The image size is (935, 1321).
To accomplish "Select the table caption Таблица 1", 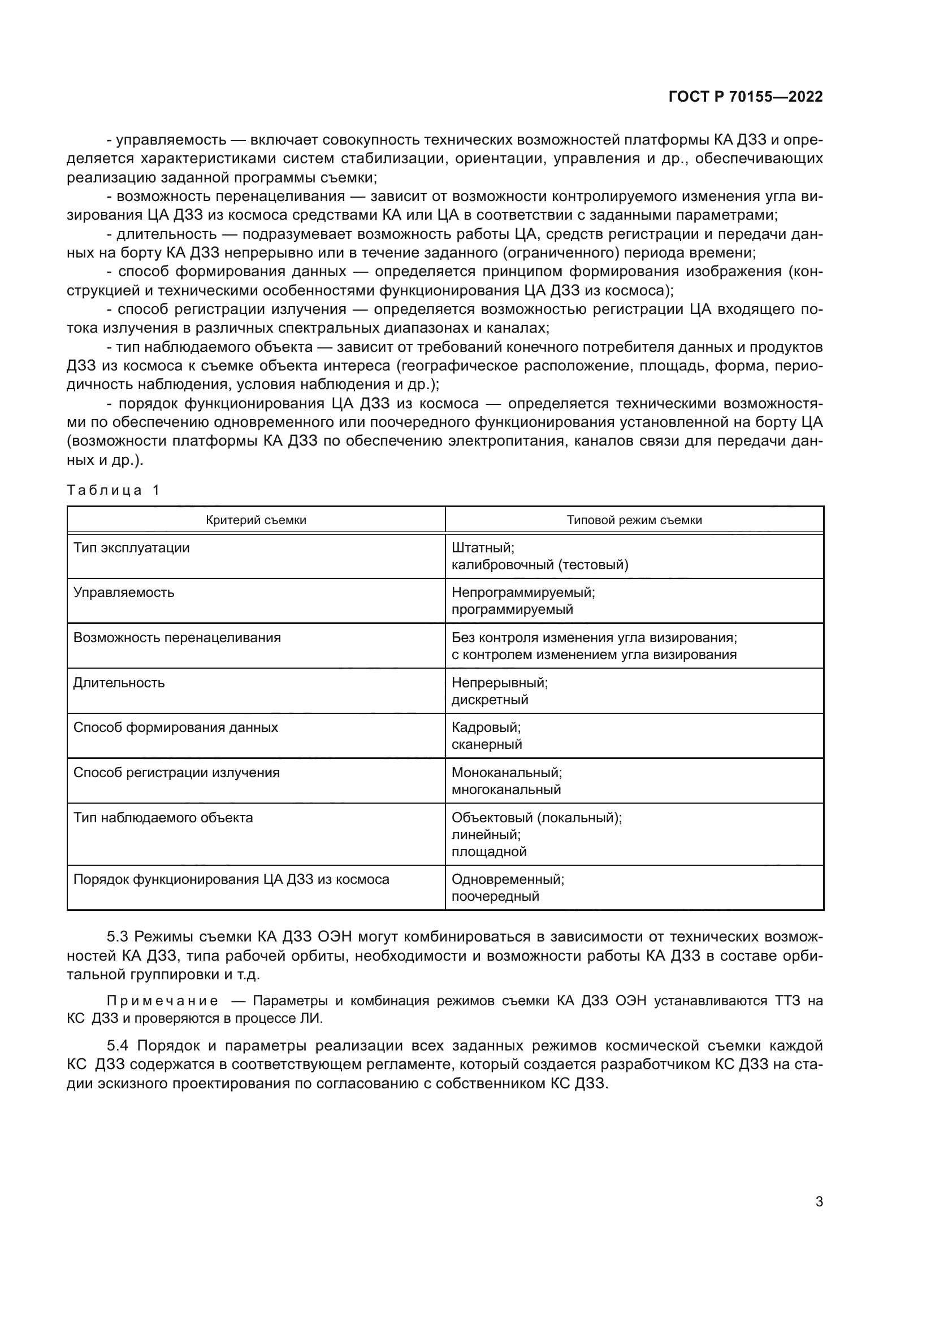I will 113,490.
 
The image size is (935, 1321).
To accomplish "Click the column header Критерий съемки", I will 256,520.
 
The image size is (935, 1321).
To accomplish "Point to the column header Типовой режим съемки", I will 634,520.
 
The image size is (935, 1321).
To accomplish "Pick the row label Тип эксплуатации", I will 131,548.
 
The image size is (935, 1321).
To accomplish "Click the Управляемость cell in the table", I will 124,592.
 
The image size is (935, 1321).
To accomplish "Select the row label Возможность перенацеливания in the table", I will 178,638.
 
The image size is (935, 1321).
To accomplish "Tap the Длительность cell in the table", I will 119,683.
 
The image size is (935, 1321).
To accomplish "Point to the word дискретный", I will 490,700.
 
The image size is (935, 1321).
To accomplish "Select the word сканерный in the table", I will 487,745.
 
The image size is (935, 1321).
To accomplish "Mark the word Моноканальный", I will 506,773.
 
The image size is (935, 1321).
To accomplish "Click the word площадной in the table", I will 489,852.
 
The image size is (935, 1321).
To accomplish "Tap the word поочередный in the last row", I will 495,896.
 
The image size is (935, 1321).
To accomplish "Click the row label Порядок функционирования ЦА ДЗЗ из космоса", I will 231,880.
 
